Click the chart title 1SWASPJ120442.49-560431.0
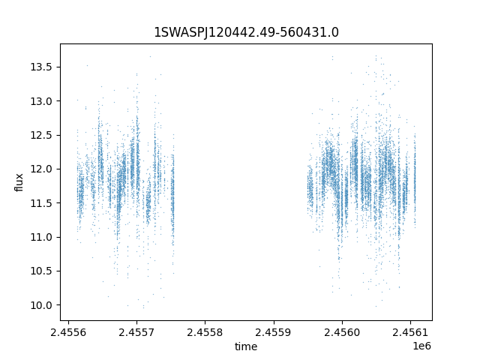pos(246,32)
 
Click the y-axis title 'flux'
pos(19,182)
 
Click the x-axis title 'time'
pos(246,346)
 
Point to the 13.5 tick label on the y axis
pos(42,67)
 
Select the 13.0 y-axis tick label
pos(42,101)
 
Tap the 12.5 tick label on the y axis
pos(42,135)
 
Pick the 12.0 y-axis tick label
pos(42,169)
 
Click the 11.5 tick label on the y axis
pos(42,203)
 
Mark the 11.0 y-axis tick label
pos(42,237)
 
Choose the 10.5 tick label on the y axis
pos(42,271)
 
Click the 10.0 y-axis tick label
pos(42,305)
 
